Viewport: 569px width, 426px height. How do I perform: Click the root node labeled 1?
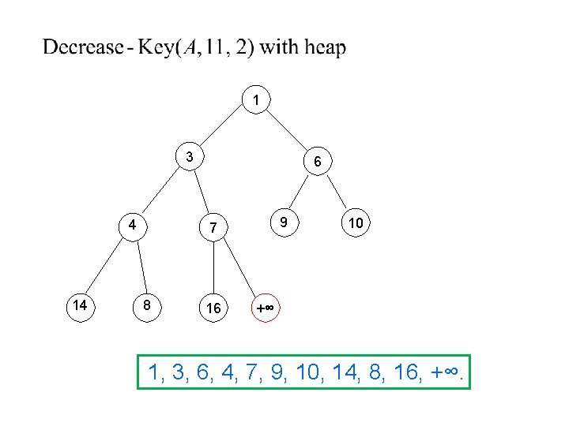point(256,100)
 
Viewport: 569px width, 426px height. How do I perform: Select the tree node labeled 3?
point(190,156)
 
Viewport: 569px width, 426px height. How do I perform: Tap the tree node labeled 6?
point(316,162)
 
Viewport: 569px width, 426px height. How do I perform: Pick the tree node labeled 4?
point(134,223)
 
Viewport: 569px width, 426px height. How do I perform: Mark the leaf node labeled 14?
point(80,305)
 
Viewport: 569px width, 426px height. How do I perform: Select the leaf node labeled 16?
point(213,308)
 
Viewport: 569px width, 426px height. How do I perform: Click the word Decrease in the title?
point(81,48)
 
